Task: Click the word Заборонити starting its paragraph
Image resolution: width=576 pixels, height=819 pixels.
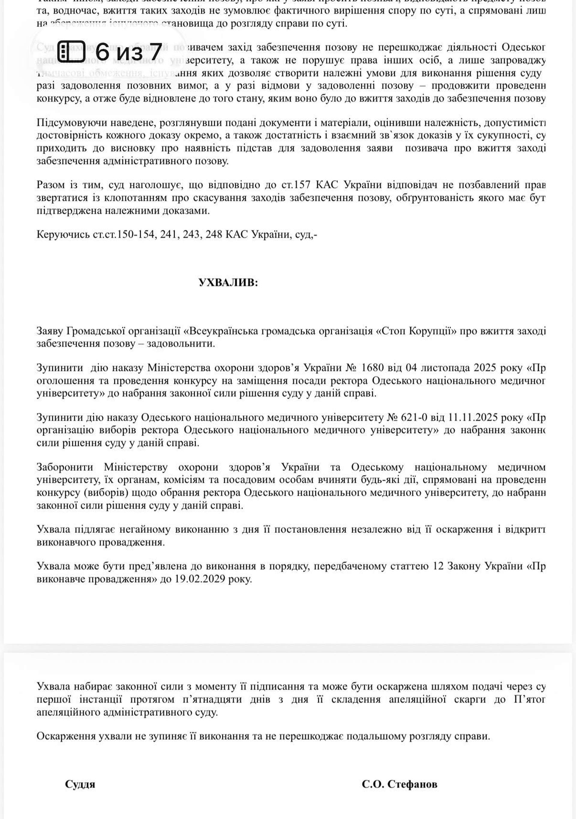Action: tap(64, 467)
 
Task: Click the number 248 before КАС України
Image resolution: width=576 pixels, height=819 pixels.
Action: tap(214, 234)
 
